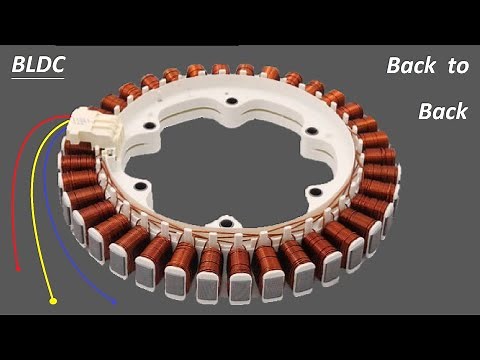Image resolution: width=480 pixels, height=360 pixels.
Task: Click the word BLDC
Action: point(37,66)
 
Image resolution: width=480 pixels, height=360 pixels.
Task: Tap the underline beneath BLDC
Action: point(37,80)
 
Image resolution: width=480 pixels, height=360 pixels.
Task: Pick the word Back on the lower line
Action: point(443,111)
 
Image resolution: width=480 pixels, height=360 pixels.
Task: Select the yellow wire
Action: point(33,200)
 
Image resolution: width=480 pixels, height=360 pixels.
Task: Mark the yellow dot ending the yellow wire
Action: point(52,300)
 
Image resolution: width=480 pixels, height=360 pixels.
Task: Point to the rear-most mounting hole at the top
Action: point(231,101)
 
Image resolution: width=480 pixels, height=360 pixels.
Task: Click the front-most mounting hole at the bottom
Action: point(227,222)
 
